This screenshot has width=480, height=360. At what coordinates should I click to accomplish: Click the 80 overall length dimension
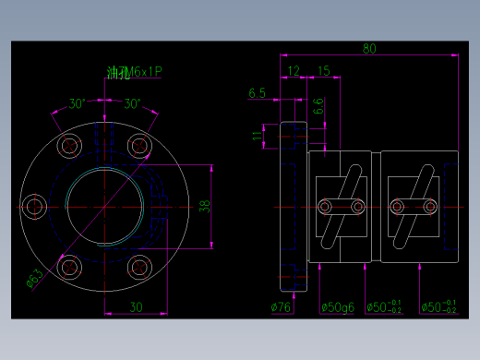pyautogui.click(x=369, y=49)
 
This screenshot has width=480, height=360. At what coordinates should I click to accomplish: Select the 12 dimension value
pyautogui.click(x=294, y=71)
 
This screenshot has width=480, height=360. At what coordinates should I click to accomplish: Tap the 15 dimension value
pyautogui.click(x=323, y=71)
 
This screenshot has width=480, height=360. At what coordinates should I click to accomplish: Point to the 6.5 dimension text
pyautogui.click(x=258, y=93)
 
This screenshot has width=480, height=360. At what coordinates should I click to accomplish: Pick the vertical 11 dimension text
pyautogui.click(x=258, y=136)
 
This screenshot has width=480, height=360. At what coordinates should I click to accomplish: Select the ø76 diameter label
pyautogui.click(x=281, y=307)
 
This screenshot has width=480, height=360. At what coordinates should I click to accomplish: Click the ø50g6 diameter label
pyautogui.click(x=338, y=307)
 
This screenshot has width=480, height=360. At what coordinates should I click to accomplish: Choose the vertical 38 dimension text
pyautogui.click(x=205, y=206)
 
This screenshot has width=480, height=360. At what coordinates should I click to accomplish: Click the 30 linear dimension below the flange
pyautogui.click(x=136, y=307)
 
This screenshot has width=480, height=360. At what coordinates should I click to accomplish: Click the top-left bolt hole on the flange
pyautogui.click(x=69, y=145)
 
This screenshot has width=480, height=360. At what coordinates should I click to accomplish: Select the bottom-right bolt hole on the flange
pyautogui.click(x=139, y=268)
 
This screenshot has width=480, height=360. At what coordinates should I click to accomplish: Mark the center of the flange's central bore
pyautogui.click(x=104, y=206)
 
